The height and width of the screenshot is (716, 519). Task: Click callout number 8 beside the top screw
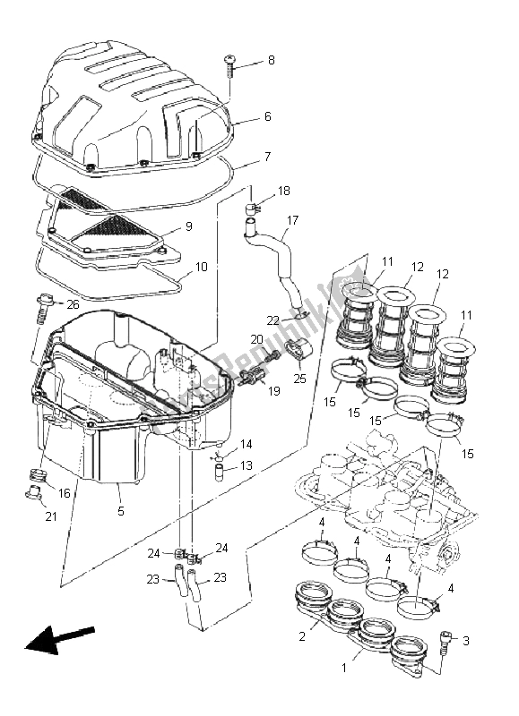(272, 62)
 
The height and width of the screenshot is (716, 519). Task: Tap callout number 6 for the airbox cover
(267, 117)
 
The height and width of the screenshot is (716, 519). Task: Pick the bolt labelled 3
(445, 641)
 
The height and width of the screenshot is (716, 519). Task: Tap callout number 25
(298, 379)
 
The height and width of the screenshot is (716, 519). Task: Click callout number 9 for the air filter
(188, 227)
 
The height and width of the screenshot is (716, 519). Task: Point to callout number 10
(200, 268)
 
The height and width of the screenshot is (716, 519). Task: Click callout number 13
(246, 465)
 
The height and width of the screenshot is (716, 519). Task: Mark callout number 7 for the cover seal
(267, 157)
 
